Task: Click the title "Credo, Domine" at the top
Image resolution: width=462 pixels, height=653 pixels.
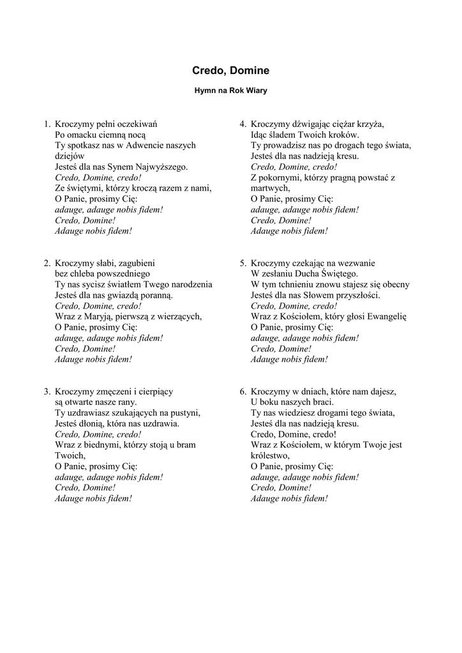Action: [230, 71]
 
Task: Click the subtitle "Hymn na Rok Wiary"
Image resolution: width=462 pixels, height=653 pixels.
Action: [230, 91]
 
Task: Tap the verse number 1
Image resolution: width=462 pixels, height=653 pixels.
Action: [47, 124]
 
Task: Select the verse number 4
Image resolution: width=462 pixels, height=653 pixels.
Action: [242, 124]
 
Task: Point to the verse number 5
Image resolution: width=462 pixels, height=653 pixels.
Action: [242, 263]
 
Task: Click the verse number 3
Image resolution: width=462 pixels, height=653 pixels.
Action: [47, 392]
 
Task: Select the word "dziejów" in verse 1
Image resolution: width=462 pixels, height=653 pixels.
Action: [70, 156]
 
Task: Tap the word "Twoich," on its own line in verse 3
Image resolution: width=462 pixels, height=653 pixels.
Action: [70, 456]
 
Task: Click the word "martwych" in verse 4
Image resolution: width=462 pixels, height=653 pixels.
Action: [269, 188]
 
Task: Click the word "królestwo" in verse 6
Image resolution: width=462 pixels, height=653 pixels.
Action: [271, 456]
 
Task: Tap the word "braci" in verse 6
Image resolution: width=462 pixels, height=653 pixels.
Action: [321, 402]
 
